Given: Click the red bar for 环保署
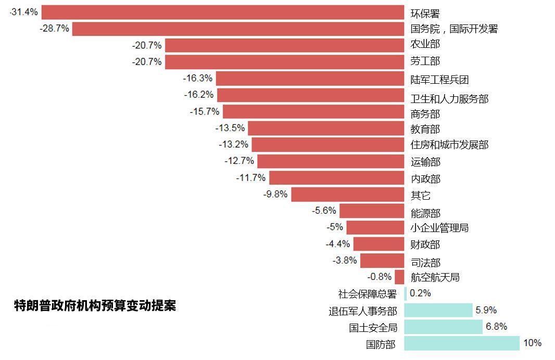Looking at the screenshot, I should click(x=223, y=12).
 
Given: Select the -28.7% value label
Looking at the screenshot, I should click(x=54, y=29).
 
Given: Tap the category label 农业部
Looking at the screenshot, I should click(x=425, y=45).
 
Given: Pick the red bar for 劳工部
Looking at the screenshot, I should click(x=284, y=62).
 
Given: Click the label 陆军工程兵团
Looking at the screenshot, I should click(x=439, y=80).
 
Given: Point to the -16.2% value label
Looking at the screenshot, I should click(x=199, y=95).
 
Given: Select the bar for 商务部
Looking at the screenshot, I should click(x=313, y=111).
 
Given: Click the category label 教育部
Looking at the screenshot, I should click(x=425, y=129).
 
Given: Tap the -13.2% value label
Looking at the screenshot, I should click(x=233, y=144).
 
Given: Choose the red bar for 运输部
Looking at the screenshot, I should click(x=331, y=161).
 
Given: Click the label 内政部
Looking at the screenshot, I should click(x=425, y=179).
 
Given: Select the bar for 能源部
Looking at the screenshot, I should click(x=372, y=211).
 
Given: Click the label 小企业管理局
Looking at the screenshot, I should click(x=439, y=228).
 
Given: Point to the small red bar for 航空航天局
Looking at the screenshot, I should click(x=399, y=277).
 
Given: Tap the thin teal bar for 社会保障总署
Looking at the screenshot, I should click(x=406, y=293).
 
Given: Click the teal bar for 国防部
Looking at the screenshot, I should click(x=462, y=343).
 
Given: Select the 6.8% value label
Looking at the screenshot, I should click(x=497, y=327).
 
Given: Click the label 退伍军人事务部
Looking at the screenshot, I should click(x=362, y=312).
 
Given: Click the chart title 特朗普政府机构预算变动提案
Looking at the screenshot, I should click(x=95, y=306).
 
